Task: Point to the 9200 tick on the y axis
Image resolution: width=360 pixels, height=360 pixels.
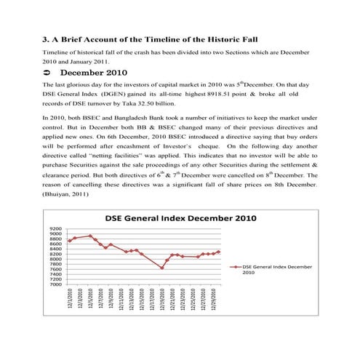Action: pyautogui.click(x=55, y=228)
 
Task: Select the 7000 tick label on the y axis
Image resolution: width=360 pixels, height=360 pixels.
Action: pyautogui.click(x=55, y=284)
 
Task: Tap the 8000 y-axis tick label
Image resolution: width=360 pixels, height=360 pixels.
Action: pyautogui.click(x=55, y=259)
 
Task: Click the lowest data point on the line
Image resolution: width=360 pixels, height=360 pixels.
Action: pyautogui.click(x=161, y=268)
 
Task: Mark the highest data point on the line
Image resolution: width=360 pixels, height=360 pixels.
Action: pyautogui.click(x=90, y=236)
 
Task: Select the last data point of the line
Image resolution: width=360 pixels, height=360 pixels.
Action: pyautogui.click(x=217, y=252)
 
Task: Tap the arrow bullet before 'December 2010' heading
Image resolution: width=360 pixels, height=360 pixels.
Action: pyautogui.click(x=47, y=73)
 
